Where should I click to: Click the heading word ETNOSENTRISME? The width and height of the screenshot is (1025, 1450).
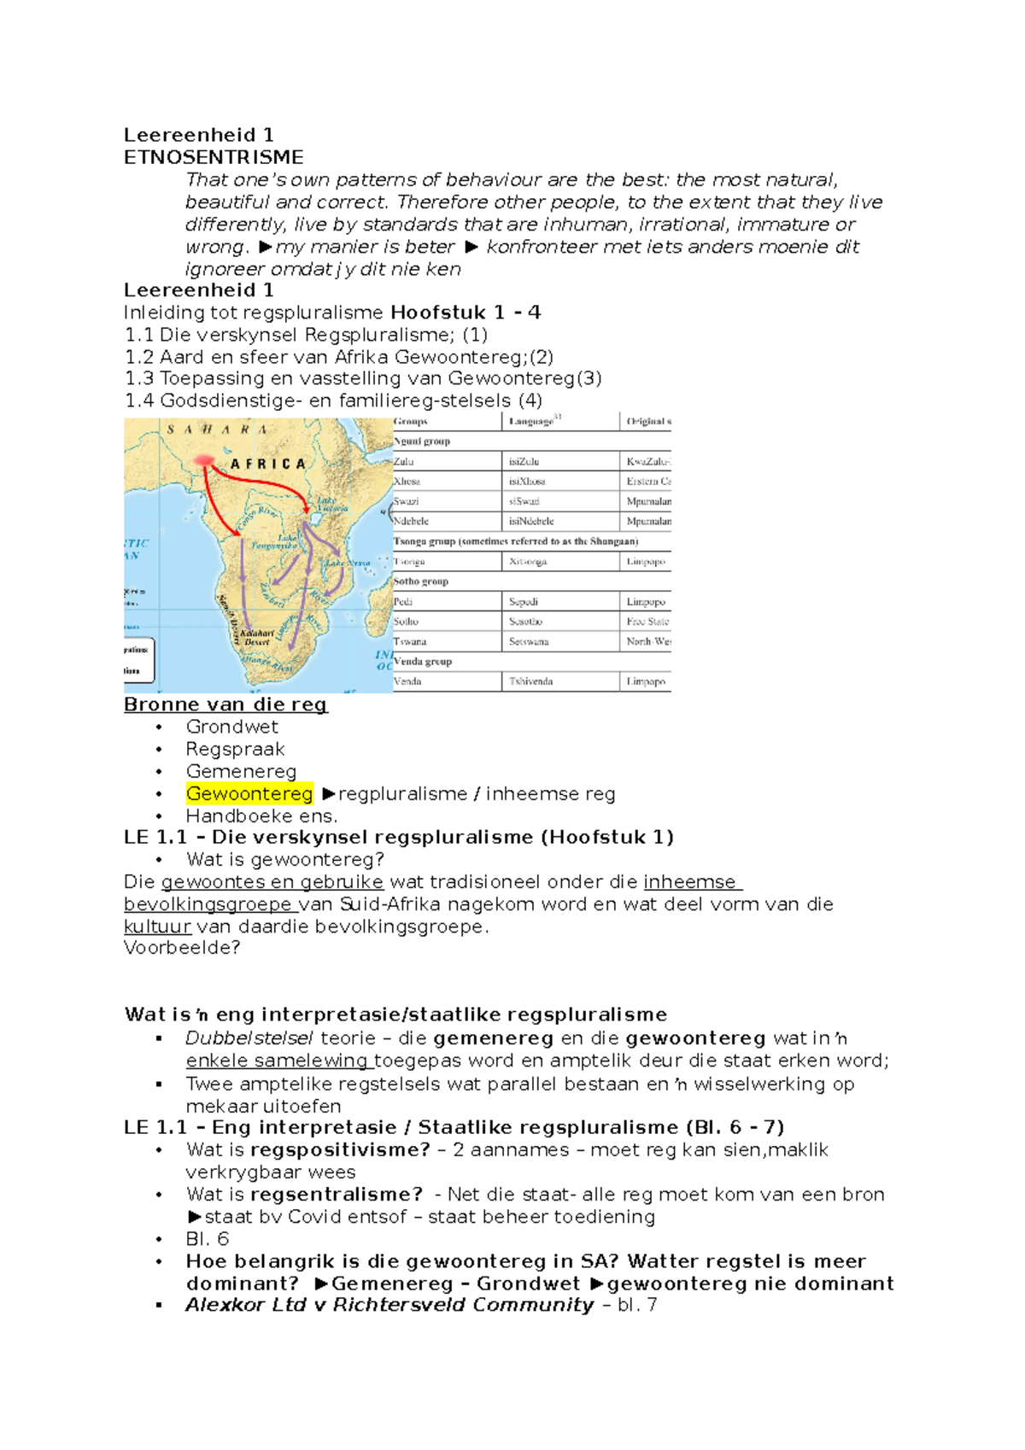[214, 157]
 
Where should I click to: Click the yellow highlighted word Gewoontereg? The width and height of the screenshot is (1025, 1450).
[249, 793]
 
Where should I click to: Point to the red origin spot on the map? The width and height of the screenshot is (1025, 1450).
[203, 461]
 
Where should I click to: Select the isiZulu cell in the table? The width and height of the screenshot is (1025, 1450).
[524, 461]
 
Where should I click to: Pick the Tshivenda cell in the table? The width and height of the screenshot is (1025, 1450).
[530, 681]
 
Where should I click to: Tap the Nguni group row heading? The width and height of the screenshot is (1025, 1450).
[422, 441]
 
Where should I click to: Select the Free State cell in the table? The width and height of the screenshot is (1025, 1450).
[647, 622]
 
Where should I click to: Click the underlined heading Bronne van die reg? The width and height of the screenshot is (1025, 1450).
[225, 705]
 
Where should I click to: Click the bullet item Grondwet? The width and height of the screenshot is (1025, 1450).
[231, 727]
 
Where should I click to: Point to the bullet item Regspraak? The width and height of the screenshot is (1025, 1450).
[235, 749]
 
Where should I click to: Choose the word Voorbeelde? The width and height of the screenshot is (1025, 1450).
[182, 948]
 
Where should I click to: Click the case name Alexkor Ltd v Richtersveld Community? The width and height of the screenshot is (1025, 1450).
[389, 1305]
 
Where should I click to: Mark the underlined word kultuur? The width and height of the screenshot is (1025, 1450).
[157, 927]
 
